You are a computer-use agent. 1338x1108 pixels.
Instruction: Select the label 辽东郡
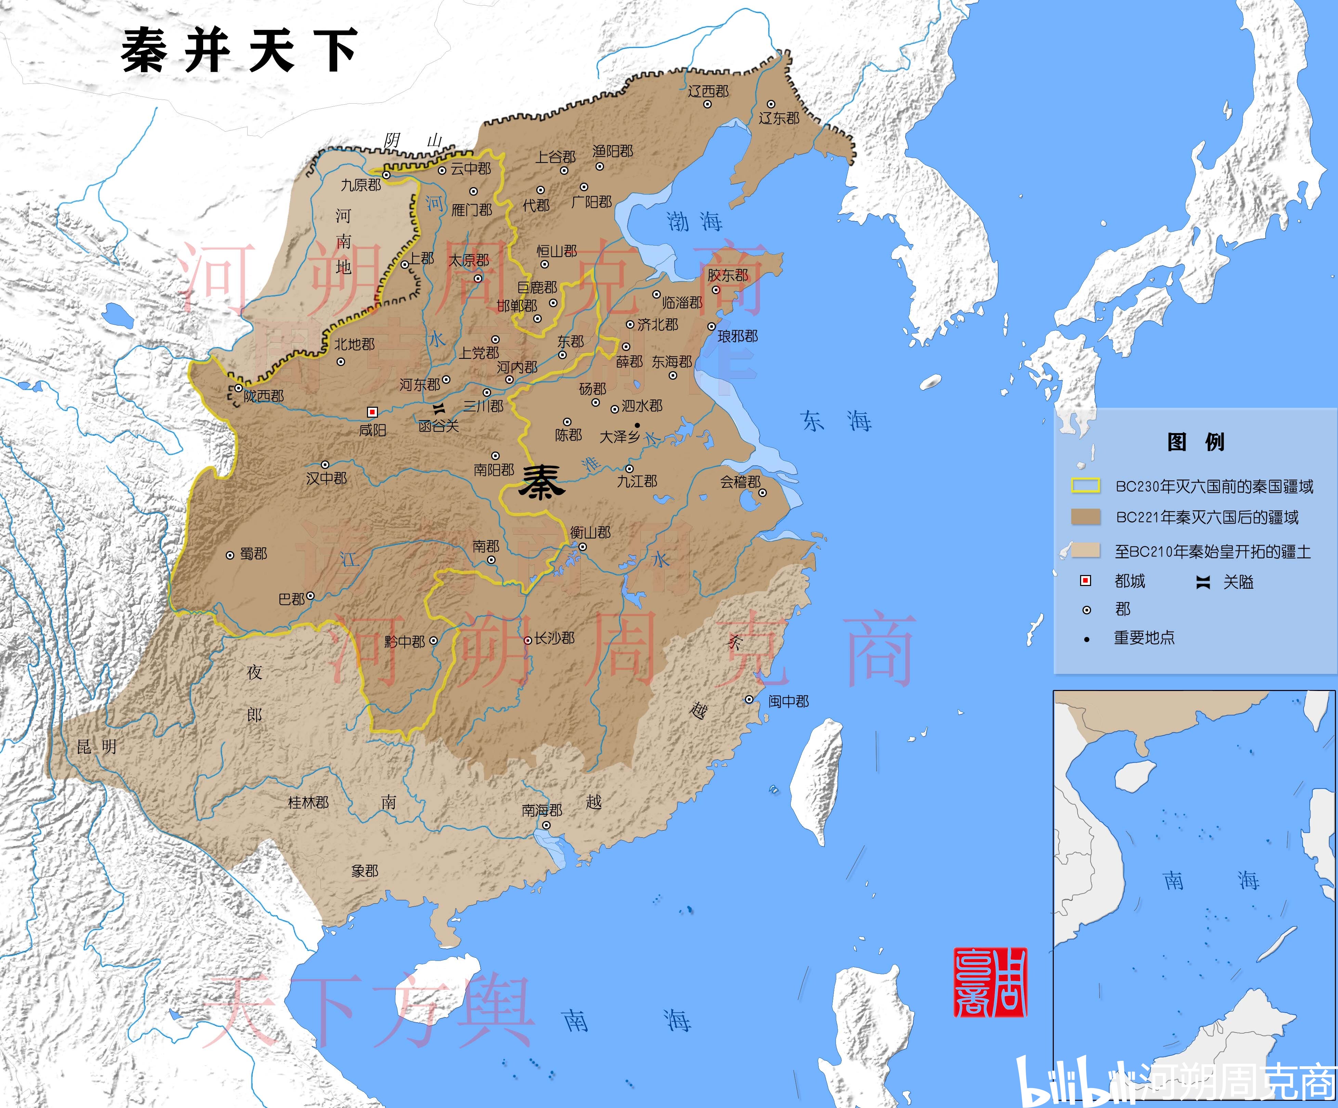click(x=778, y=118)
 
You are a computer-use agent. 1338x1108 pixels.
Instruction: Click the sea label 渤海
click(x=695, y=222)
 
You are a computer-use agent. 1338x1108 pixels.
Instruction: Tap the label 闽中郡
click(x=788, y=702)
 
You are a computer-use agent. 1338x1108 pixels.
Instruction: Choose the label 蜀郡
click(x=253, y=554)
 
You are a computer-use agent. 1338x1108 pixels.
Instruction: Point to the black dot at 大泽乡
click(x=637, y=425)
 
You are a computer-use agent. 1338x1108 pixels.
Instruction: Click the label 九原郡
click(x=360, y=185)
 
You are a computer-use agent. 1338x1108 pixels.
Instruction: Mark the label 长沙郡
click(x=554, y=638)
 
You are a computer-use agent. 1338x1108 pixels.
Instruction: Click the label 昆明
click(x=97, y=747)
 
